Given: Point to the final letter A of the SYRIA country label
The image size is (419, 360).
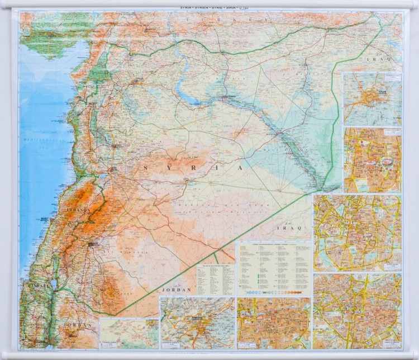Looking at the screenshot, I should point(240,167).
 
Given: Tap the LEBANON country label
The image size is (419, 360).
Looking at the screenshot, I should point(78,210).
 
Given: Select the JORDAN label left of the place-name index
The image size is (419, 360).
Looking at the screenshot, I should point(177,290).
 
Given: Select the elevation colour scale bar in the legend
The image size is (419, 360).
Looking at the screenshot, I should point(274,292).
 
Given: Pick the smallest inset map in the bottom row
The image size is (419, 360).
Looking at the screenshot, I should point(130,333).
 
